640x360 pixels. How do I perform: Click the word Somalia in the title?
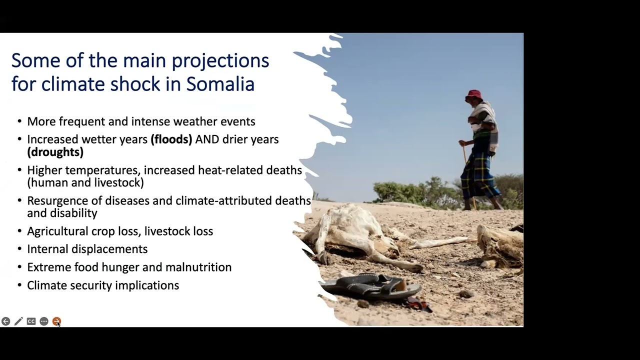(220, 84)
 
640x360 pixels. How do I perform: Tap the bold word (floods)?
(171, 139)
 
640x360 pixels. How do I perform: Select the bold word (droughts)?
(55, 151)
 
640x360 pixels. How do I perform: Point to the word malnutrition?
(198, 267)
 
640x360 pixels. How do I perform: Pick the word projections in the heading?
(220, 60)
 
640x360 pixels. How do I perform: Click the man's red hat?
(473, 94)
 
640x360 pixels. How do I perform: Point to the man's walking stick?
(467, 170)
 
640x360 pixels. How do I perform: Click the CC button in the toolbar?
(31, 321)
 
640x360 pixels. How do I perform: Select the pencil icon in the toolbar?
(18, 321)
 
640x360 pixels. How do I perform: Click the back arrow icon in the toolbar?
(5, 321)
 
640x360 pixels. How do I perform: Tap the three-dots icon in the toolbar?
(44, 321)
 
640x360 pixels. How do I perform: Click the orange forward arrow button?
(56, 321)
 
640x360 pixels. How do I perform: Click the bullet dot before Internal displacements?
(19, 249)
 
